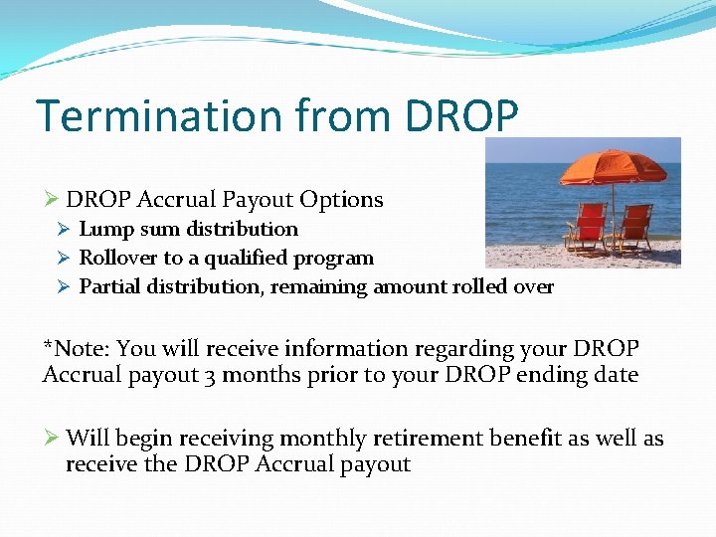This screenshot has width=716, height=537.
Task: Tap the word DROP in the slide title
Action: click(461, 115)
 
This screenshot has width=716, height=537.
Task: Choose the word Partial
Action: click(109, 287)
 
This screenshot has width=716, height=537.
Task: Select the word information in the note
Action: click(348, 349)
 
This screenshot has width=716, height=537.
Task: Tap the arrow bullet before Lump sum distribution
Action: click(64, 230)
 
